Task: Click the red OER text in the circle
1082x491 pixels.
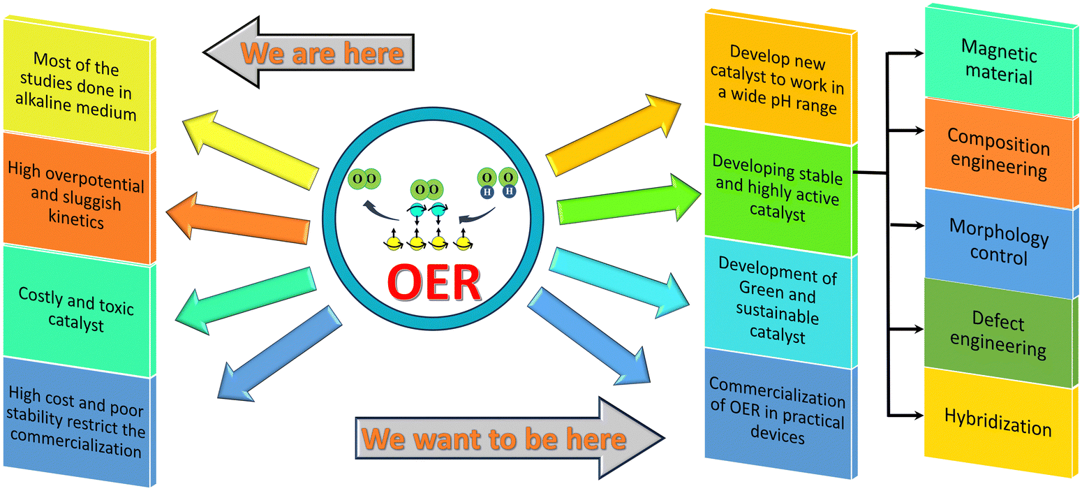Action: coord(433,283)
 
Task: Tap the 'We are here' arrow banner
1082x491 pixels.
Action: coord(309,52)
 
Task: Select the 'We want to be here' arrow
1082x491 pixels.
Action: coord(510,438)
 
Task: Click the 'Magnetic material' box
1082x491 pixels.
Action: coord(1001,60)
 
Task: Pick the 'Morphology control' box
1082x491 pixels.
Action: coord(1001,242)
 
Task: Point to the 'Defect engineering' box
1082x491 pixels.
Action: coord(1001,333)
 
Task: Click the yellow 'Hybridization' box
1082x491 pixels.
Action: coord(1001,423)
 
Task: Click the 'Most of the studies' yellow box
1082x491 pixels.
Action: coord(77,85)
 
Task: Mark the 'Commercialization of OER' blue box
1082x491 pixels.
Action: coord(778,413)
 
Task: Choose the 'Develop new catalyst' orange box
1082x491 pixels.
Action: coord(778,78)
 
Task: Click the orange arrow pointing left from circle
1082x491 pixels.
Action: coord(237,219)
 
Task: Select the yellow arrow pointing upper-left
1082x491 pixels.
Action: coord(250,149)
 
